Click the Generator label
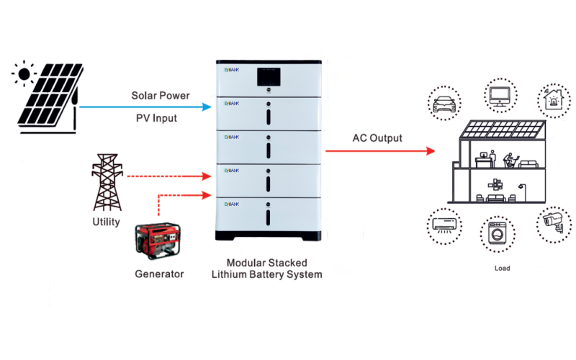click(x=159, y=274)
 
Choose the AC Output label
click(x=377, y=138)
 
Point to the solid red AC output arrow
click(x=382, y=151)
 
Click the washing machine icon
click(x=497, y=234)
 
